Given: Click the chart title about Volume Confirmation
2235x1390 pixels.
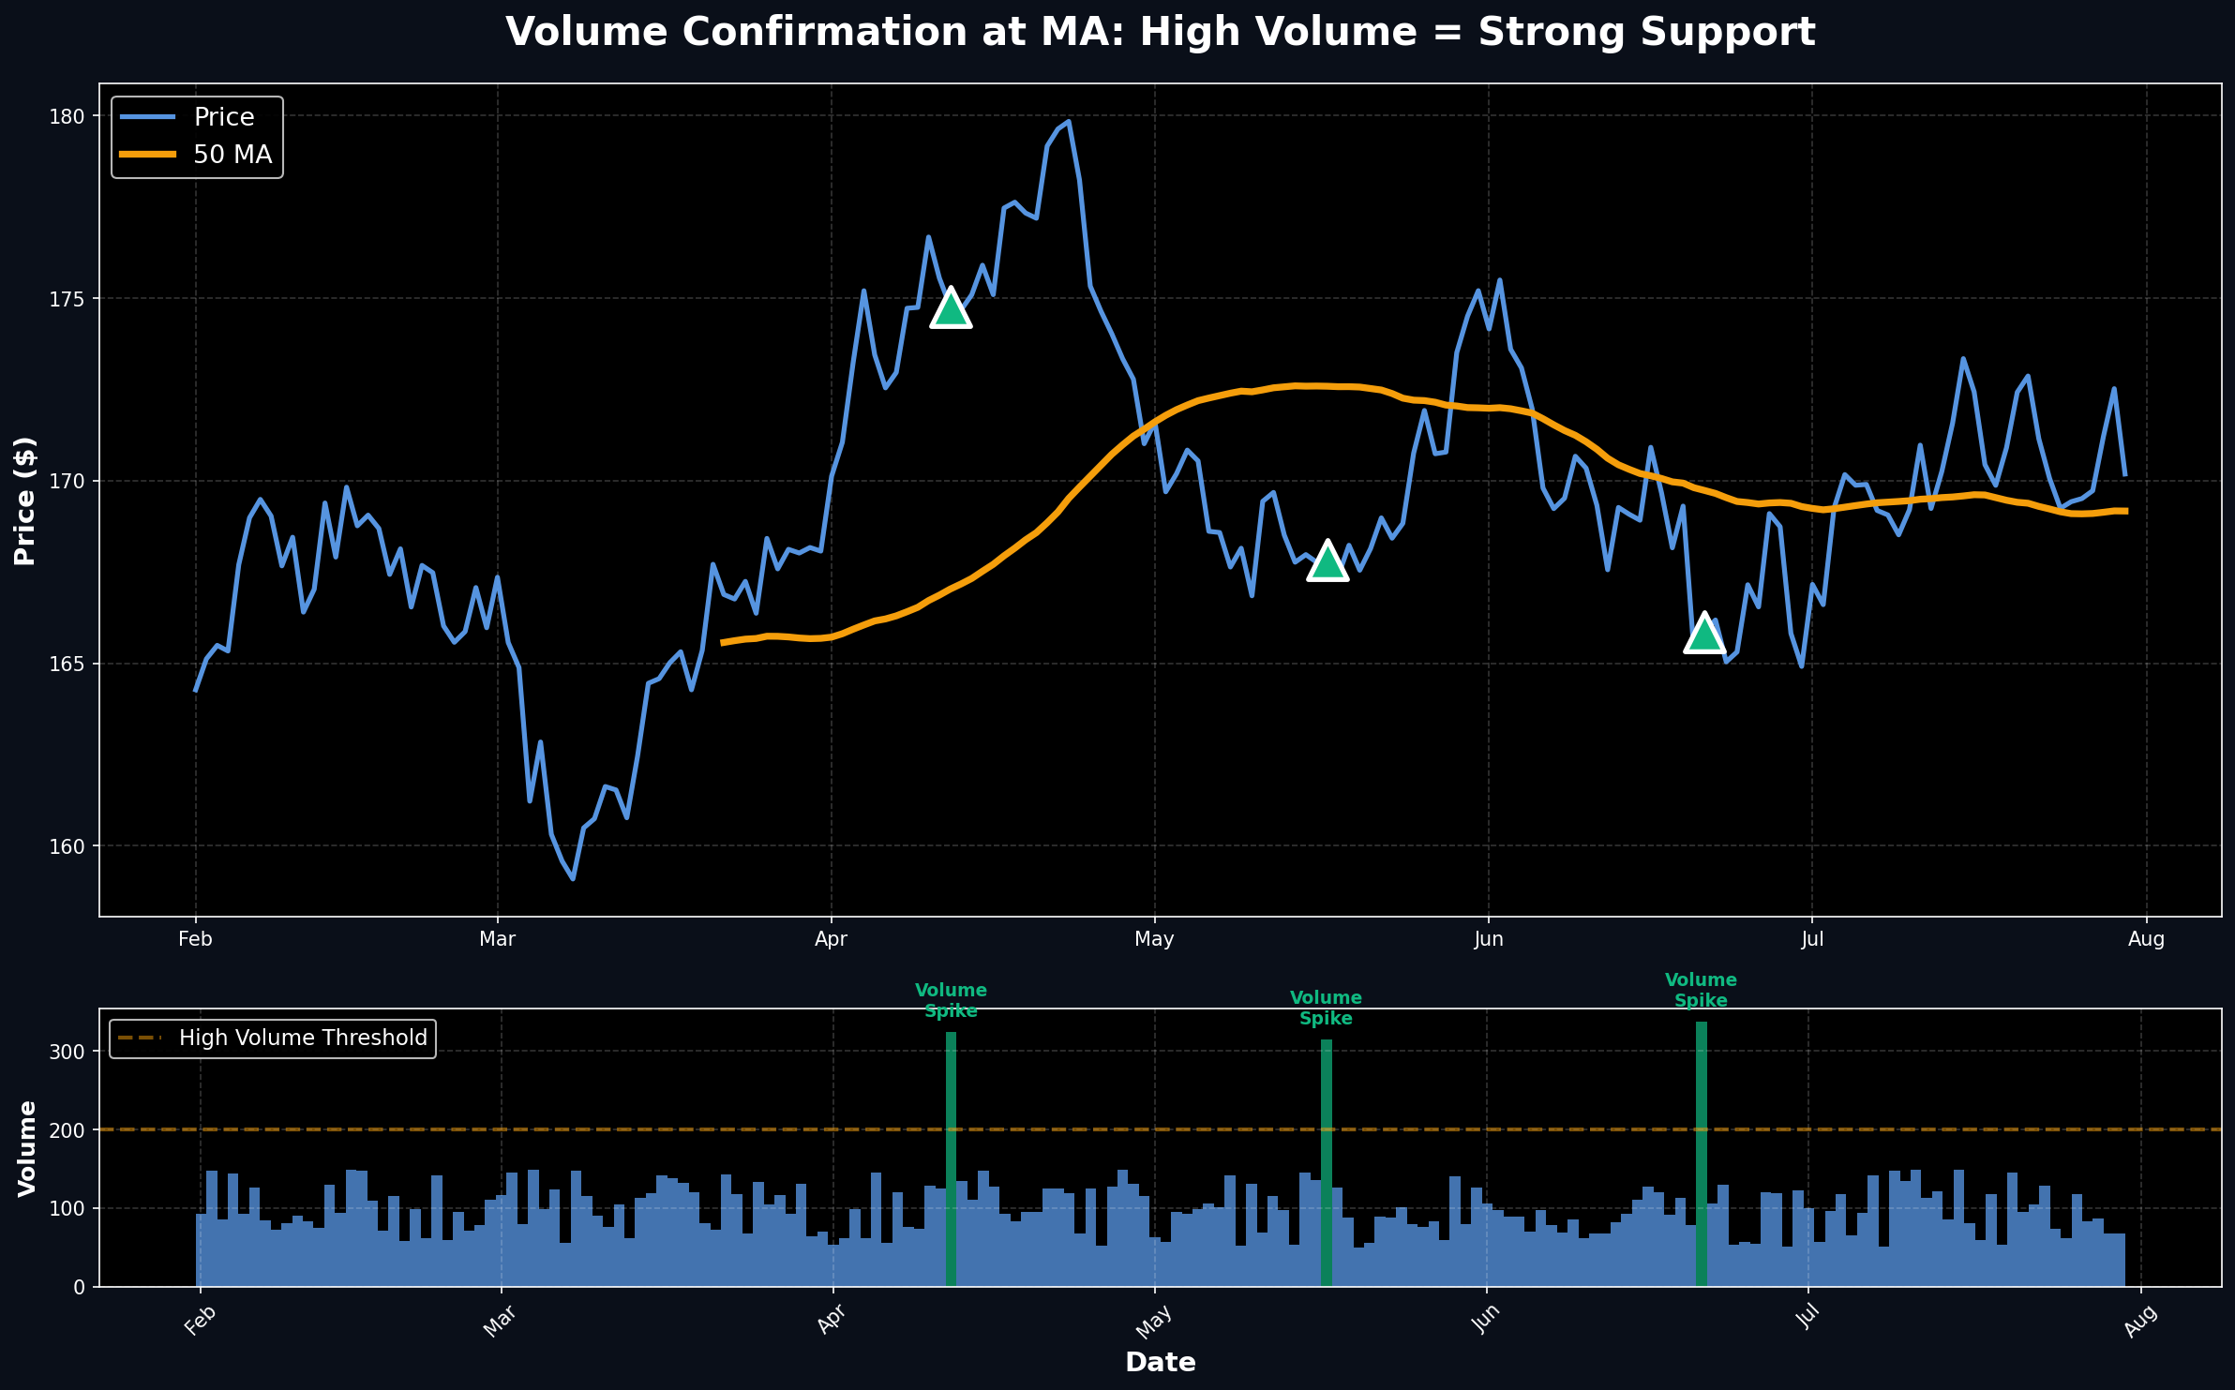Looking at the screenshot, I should coord(1161,33).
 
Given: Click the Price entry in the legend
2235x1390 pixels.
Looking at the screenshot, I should coord(223,117).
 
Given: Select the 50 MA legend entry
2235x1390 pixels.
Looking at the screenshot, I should coord(232,155).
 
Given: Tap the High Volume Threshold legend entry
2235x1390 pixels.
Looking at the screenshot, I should coord(302,1038).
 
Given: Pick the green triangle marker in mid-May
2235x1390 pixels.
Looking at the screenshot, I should coord(1327,562).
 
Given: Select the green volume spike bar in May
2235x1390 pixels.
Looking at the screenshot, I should coord(1327,1162).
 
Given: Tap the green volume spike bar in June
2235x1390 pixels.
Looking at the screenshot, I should coord(1702,1154).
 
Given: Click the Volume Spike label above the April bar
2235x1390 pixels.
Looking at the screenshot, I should coord(951,1001).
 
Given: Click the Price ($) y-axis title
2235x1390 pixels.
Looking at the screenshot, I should coord(25,501).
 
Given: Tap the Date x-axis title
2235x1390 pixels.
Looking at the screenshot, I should coord(1161,1363).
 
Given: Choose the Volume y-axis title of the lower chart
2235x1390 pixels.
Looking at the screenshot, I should coord(27,1148).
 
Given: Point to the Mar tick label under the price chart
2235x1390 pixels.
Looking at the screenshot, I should coord(497,939).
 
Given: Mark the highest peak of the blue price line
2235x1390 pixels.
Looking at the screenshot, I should coord(1069,121).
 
